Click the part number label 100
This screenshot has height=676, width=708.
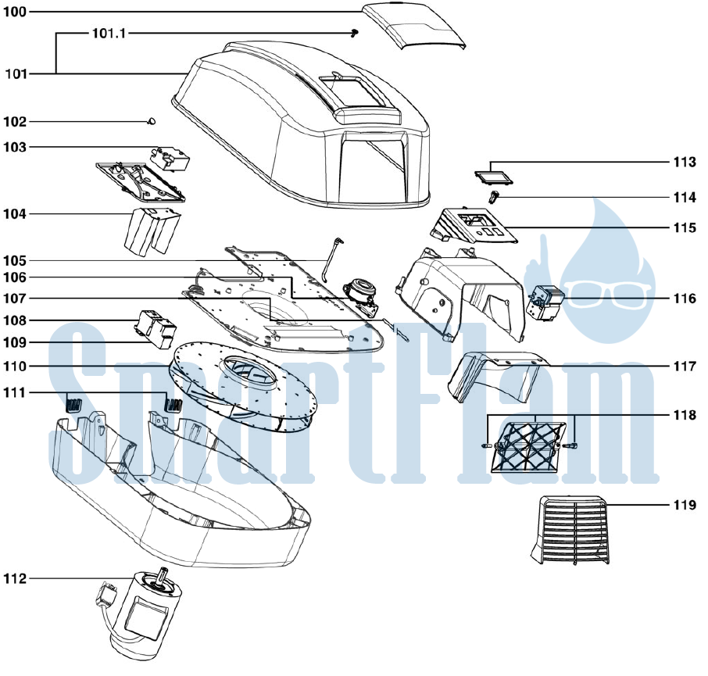click(x=15, y=12)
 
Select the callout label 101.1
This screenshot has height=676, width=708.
click(x=109, y=34)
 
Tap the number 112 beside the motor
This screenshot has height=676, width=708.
click(x=16, y=578)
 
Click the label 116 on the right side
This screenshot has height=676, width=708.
click(x=685, y=299)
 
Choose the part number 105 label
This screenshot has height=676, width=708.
click(x=16, y=260)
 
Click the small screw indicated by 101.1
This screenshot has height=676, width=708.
click(x=356, y=33)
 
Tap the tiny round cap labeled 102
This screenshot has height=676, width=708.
click(x=152, y=121)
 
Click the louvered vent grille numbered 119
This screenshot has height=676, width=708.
click(x=570, y=530)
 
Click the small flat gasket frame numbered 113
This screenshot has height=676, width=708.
click(x=494, y=177)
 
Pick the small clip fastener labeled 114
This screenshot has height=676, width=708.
click(x=494, y=197)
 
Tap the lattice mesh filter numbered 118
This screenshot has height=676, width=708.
click(x=528, y=447)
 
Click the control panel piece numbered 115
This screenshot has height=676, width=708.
click(x=474, y=226)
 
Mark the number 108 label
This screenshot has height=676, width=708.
click(x=16, y=320)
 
